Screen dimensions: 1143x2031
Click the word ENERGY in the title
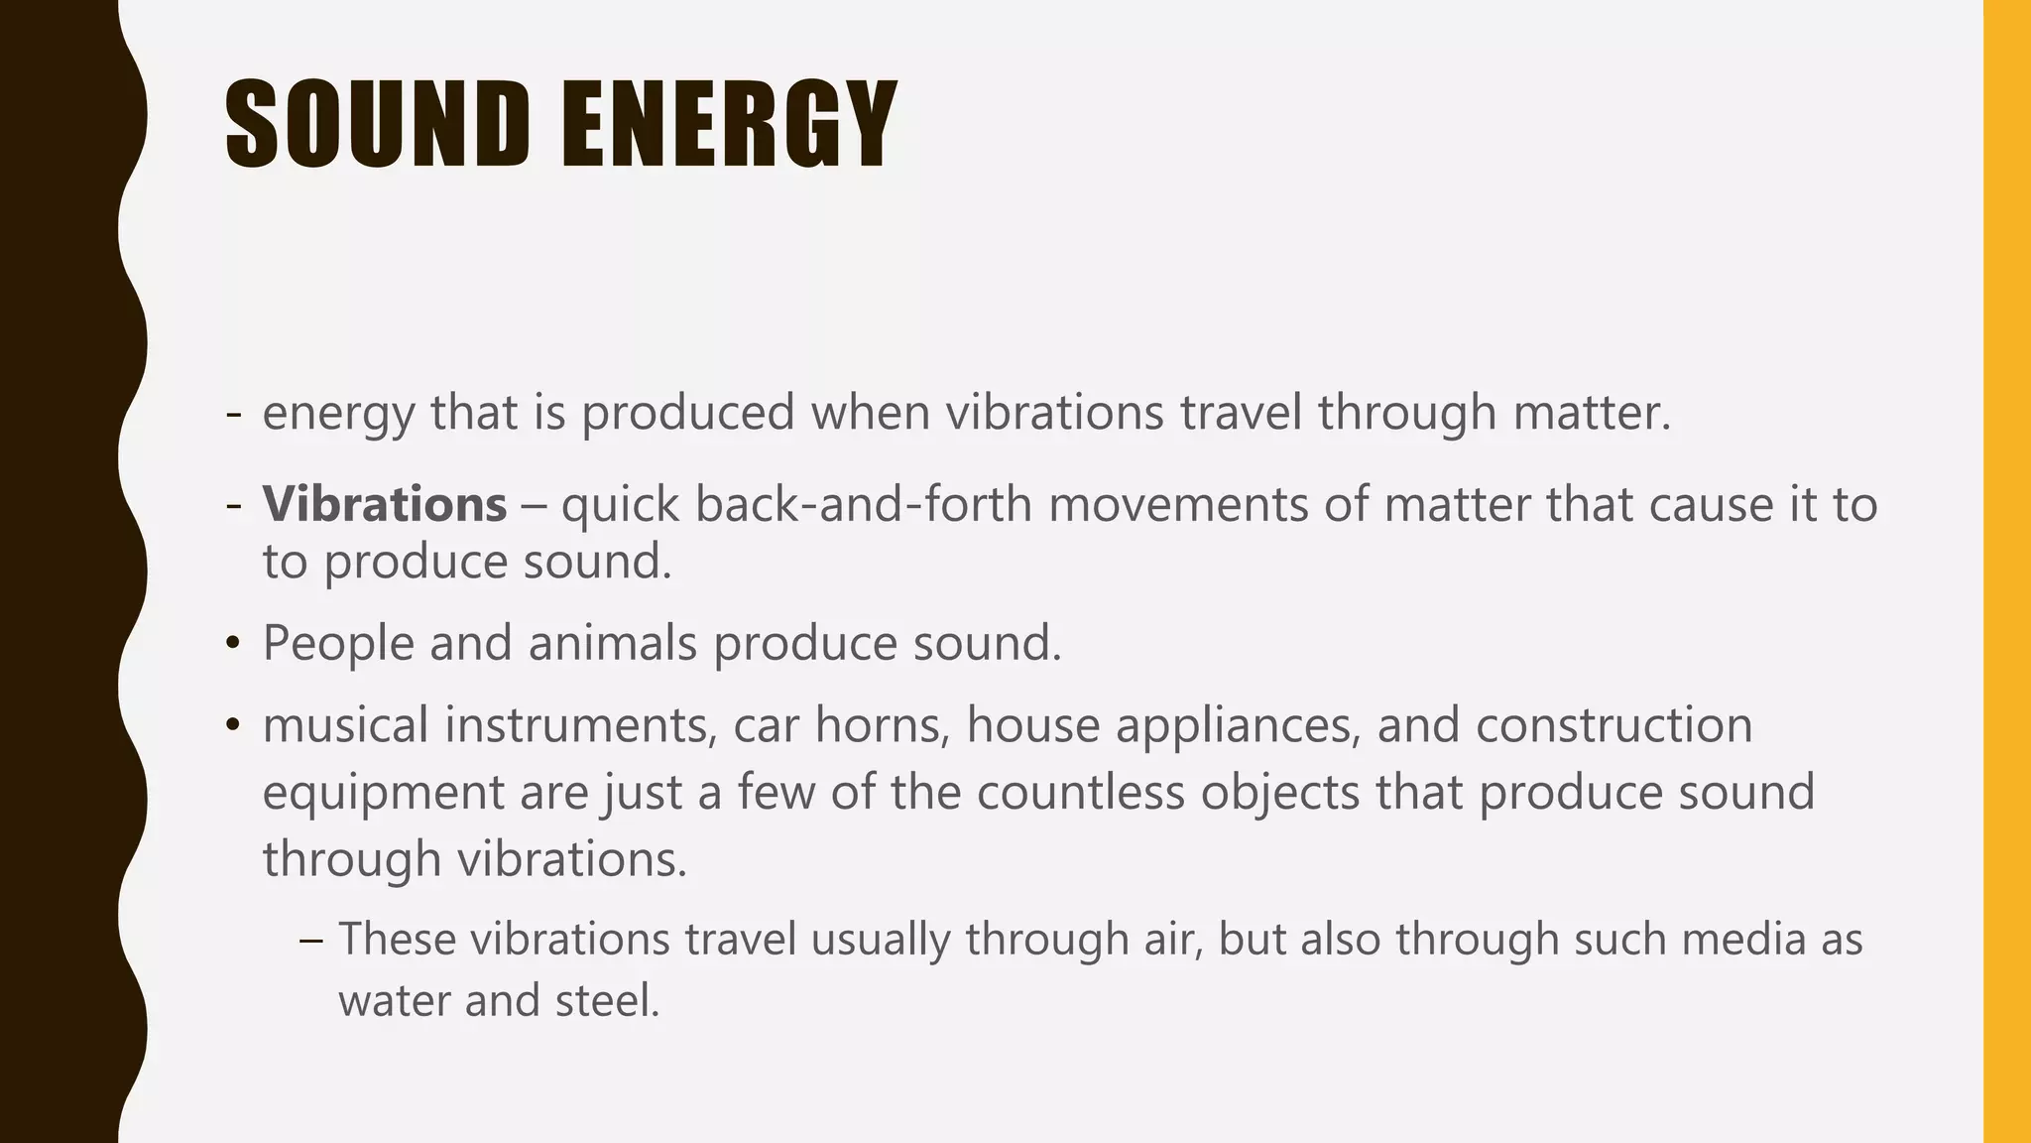click(x=729, y=124)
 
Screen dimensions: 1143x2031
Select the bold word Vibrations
click(x=385, y=504)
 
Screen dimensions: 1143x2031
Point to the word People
click(x=338, y=643)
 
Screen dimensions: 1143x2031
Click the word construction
click(x=1613, y=725)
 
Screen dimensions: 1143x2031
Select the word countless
click(x=1080, y=793)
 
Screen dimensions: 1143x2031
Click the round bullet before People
click(x=233, y=644)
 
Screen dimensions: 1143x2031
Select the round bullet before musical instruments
click(x=233, y=726)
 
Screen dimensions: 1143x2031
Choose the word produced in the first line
click(x=687, y=413)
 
